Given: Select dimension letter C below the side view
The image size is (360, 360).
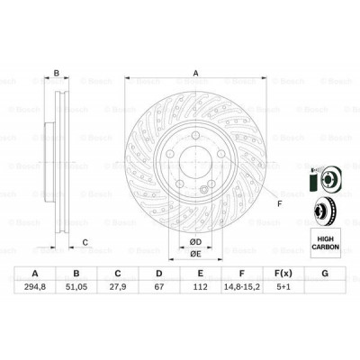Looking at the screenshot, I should [x=85, y=241].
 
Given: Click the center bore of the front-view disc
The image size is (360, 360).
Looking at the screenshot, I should [x=193, y=168].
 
